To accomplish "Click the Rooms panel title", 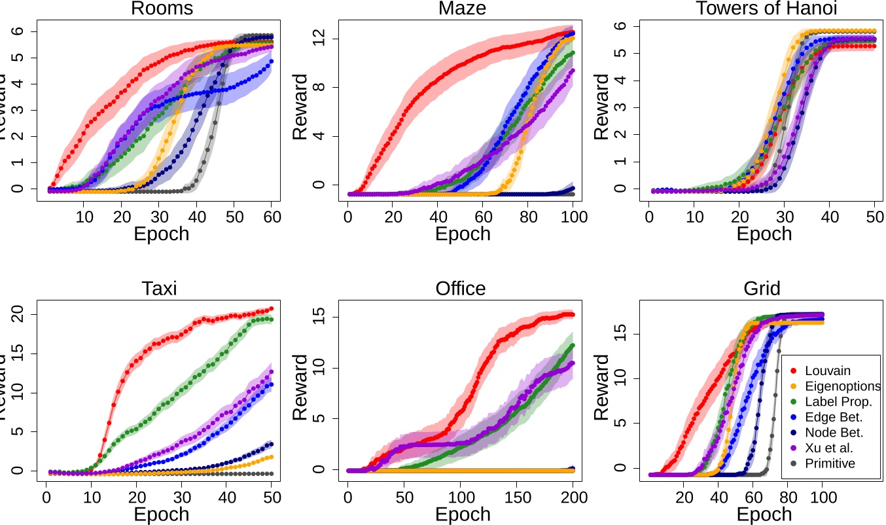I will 161,9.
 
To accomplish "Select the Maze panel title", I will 461,9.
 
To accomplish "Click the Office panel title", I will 461,289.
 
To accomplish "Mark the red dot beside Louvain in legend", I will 793,371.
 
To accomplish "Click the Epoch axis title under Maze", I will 463,234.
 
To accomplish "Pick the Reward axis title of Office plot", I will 300,388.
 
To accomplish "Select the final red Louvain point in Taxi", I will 271,309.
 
